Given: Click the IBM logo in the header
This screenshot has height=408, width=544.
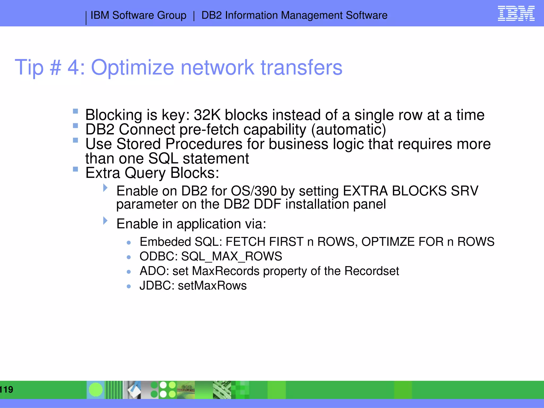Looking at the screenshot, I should tap(516, 14).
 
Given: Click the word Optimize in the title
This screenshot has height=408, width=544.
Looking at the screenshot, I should tap(133, 68).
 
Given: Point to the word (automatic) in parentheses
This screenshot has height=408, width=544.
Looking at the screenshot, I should tap(348, 130).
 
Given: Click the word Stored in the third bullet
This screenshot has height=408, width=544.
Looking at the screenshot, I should tap(138, 144).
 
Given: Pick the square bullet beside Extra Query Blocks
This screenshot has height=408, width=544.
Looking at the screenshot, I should tap(75, 169).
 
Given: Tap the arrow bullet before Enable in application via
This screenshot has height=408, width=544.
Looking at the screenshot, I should tap(105, 220).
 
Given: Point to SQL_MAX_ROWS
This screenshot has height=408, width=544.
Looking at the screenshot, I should tap(231, 256).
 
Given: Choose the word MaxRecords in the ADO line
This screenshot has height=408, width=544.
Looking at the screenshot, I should tap(226, 271).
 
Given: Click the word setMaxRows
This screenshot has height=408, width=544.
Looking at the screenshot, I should tap(212, 286).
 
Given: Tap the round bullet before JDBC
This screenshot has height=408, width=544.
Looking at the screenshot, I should tap(129, 286).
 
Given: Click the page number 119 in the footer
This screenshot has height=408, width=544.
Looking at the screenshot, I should tap(6, 390).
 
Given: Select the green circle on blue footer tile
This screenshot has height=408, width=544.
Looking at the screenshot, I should tap(96, 390).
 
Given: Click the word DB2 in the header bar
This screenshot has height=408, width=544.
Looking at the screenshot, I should tap(211, 15).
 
